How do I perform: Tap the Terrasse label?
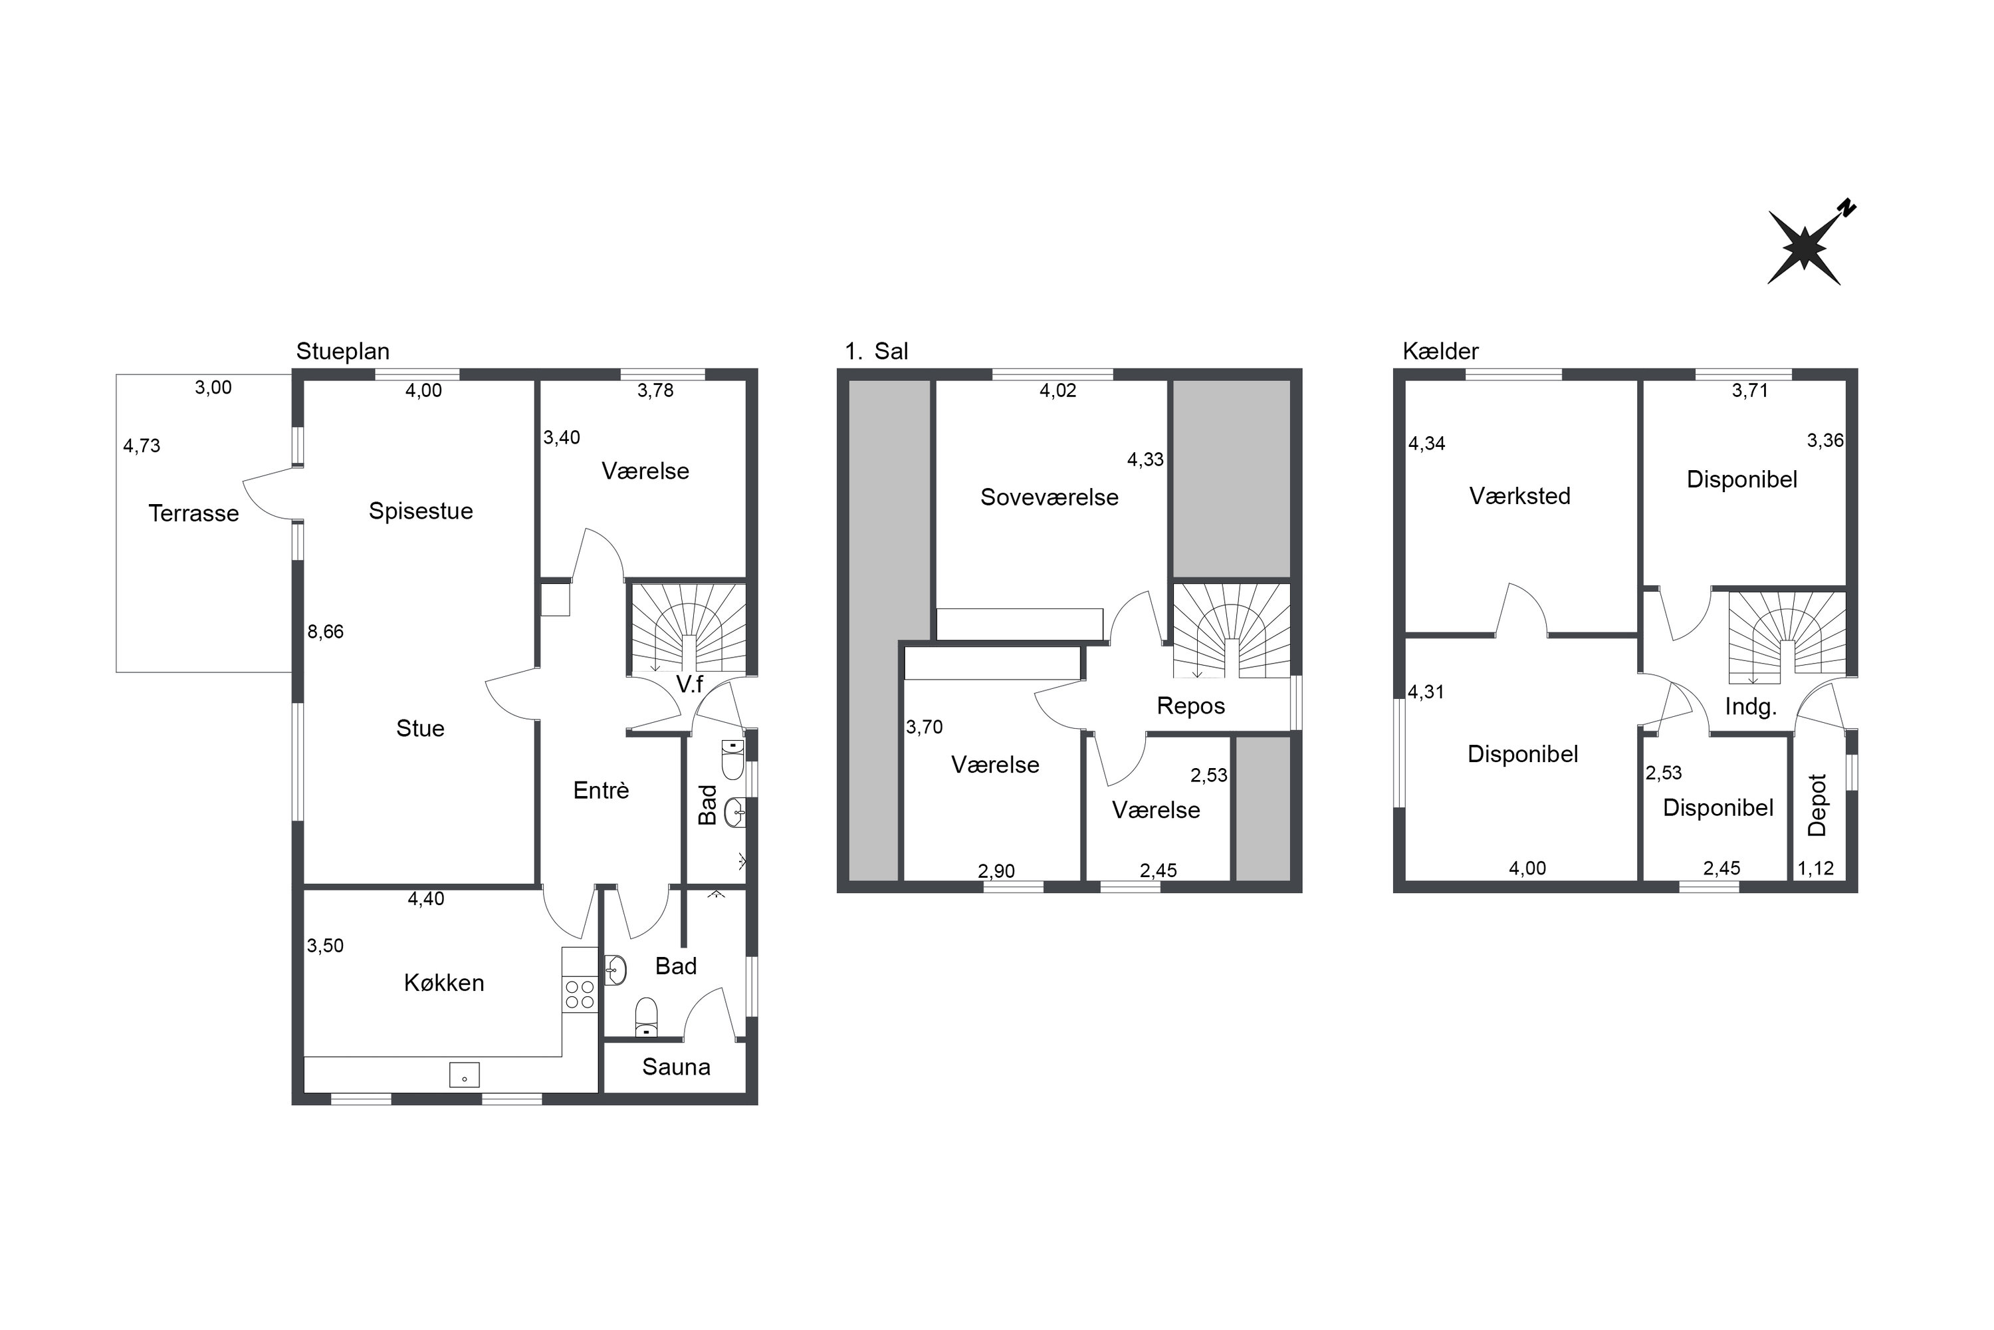pos(193,513)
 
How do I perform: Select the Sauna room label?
pos(676,1067)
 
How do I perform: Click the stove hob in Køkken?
pos(580,994)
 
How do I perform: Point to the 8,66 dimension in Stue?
pos(326,631)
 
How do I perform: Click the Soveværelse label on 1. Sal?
pos(1050,497)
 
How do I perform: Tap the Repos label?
pos(1191,706)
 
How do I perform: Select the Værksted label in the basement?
pos(1520,496)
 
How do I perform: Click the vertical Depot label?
pos(1817,805)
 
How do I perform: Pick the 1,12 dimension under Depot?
pos(1816,868)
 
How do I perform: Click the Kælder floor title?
pos(1440,351)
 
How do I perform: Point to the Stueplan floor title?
pos(342,351)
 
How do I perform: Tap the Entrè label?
pos(601,791)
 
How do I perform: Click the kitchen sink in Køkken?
pos(465,1075)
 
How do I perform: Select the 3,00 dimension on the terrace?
pos(213,388)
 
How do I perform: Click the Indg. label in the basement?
pos(1751,706)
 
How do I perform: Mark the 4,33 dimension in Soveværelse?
pos(1145,460)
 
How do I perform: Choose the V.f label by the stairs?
pos(689,684)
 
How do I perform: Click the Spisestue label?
pos(421,511)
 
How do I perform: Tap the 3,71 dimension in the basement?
pos(1750,391)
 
